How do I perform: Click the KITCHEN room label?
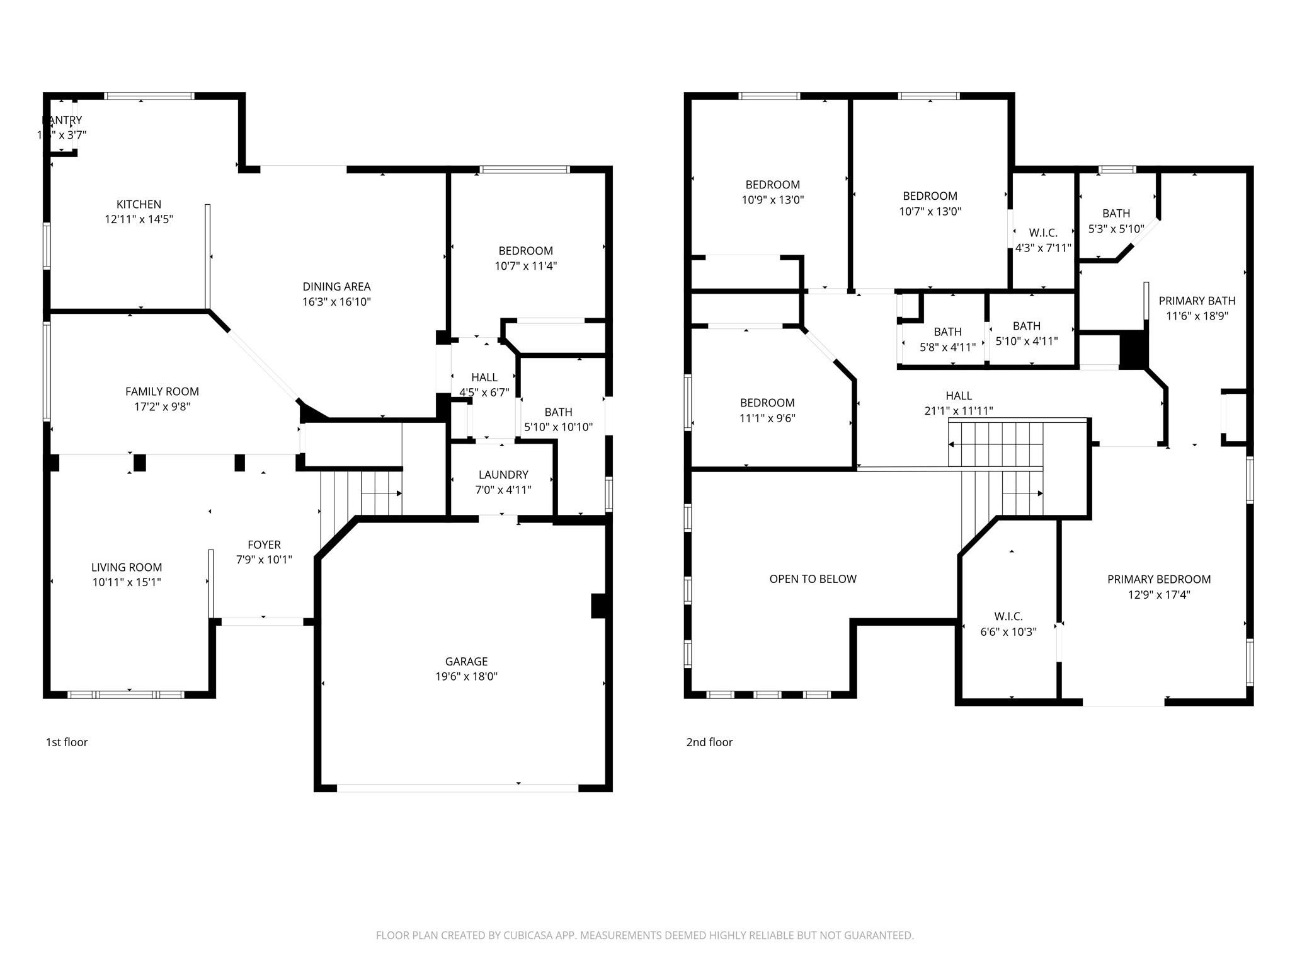[x=139, y=204]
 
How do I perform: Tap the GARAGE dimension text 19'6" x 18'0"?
[x=466, y=676]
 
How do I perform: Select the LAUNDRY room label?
[x=503, y=475]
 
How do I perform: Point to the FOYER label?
[x=264, y=544]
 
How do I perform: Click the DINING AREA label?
[x=336, y=287]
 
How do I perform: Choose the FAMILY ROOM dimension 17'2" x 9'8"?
[x=162, y=406]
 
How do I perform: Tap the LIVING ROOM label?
[x=127, y=567]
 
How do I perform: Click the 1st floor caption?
[x=67, y=742]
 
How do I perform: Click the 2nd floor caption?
[x=709, y=742]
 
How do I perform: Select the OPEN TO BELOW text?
[x=813, y=579]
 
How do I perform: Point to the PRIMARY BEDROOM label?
[x=1159, y=579]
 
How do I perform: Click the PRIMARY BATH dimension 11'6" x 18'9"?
[x=1197, y=316]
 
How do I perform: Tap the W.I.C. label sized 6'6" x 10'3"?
[x=1008, y=616]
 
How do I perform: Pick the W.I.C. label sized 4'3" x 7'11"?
[x=1043, y=233]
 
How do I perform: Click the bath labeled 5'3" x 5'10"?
[x=1116, y=214]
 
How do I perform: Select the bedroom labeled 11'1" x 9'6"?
[x=767, y=403]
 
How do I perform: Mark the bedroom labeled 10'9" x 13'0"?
[x=772, y=185]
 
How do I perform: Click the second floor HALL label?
[x=958, y=396]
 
